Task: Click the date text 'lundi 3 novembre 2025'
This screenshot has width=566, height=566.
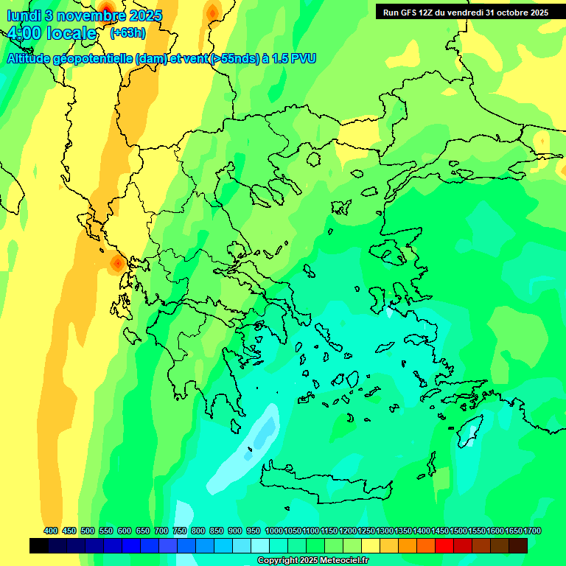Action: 84,15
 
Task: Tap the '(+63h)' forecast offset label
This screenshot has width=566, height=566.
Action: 127,32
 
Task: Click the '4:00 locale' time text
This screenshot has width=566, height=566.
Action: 52,34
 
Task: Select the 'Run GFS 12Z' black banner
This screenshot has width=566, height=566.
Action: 465,12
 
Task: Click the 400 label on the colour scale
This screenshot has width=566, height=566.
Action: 51,531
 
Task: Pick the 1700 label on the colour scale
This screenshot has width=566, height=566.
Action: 533,531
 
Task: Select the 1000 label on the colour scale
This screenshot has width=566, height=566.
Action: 274,531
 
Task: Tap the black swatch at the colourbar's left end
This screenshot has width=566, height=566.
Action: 39,545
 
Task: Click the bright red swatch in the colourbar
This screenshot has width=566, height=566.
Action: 444,545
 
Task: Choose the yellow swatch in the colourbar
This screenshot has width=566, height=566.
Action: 371,545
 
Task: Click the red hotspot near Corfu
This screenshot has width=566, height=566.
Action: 116,262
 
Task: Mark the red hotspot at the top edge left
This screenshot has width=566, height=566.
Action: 106,9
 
